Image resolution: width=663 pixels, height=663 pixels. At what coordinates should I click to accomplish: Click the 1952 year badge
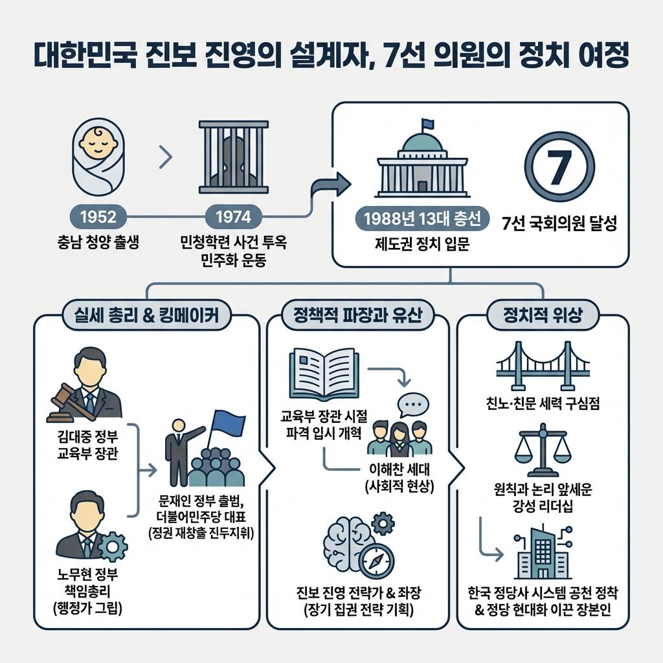coord(98,216)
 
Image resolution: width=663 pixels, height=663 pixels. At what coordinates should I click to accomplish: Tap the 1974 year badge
coord(234,216)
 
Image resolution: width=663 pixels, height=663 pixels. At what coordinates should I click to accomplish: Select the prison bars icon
coord(234,156)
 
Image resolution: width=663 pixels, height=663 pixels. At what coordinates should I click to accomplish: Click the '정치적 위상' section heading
coord(543,316)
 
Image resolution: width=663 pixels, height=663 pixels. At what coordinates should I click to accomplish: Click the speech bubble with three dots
coord(413,406)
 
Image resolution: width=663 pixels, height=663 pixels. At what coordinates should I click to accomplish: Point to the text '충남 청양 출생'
coord(98,244)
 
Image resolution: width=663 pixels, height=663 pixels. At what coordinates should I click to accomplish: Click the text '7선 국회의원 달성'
coord(559,225)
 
